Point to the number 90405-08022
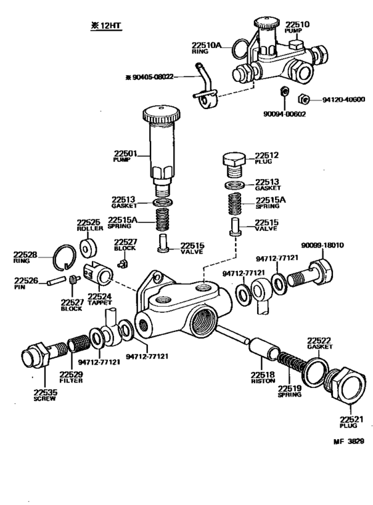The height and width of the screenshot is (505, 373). (x=153, y=77)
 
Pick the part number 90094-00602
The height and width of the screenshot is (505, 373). (x=284, y=114)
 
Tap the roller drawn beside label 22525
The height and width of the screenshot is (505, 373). (x=88, y=248)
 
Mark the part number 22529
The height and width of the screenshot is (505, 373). (x=70, y=375)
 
